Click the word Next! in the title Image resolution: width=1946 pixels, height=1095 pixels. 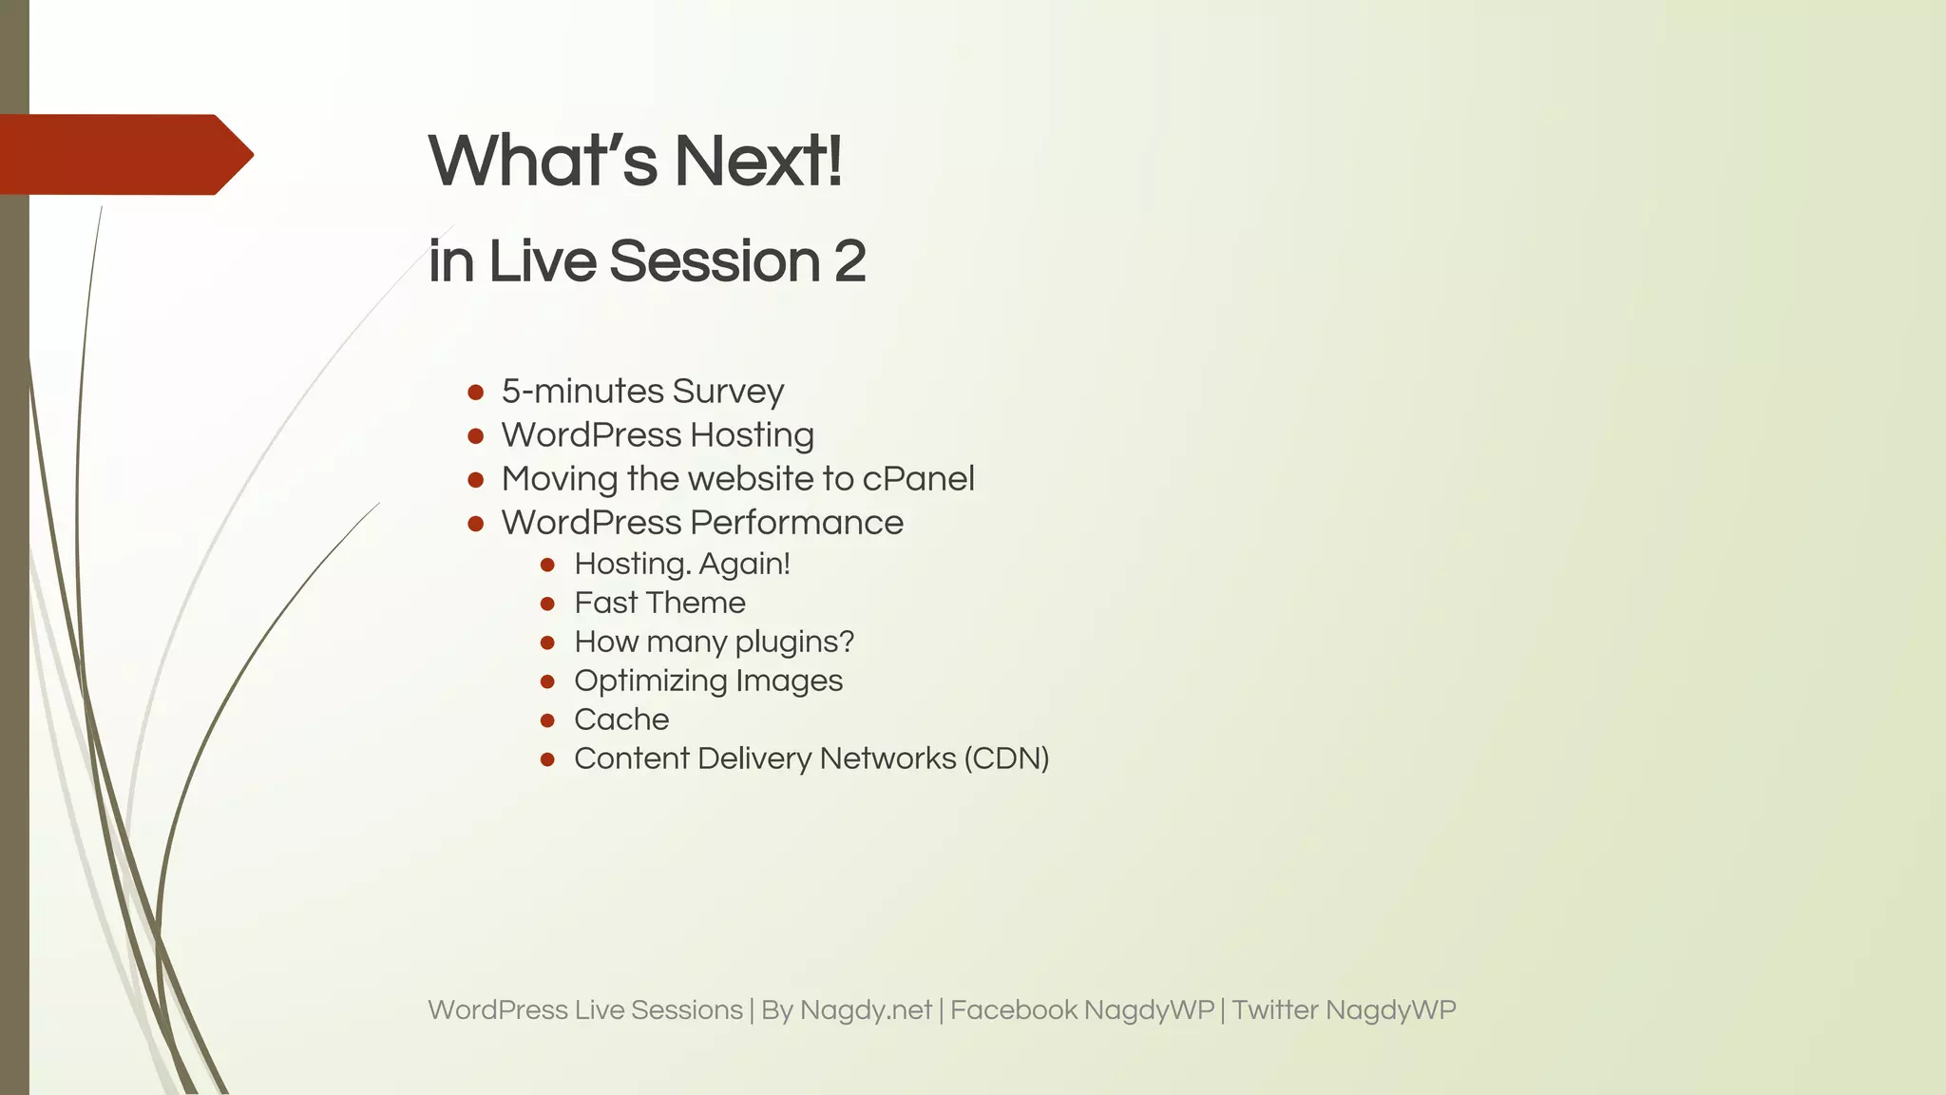[x=757, y=161]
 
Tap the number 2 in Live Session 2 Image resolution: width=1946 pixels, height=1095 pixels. [x=849, y=261]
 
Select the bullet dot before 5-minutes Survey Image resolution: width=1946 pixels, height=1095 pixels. [x=476, y=392]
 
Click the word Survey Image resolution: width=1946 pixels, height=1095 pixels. [x=728, y=392]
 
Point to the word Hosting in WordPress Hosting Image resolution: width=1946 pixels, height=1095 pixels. [x=752, y=435]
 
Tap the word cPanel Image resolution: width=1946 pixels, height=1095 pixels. [x=918, y=479]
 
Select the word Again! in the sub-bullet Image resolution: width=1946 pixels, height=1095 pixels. [x=744, y=564]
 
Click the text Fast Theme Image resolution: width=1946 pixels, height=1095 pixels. [x=659, y=603]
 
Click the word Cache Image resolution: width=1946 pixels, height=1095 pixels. [x=621, y=720]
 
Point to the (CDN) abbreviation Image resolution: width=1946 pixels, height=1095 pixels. [x=1006, y=759]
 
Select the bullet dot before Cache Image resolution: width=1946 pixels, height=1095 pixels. [x=547, y=720]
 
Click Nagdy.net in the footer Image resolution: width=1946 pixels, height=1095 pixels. [x=866, y=1009]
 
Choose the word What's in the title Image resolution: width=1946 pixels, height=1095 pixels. [x=543, y=161]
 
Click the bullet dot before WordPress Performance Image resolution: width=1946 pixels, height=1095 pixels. [x=476, y=523]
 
